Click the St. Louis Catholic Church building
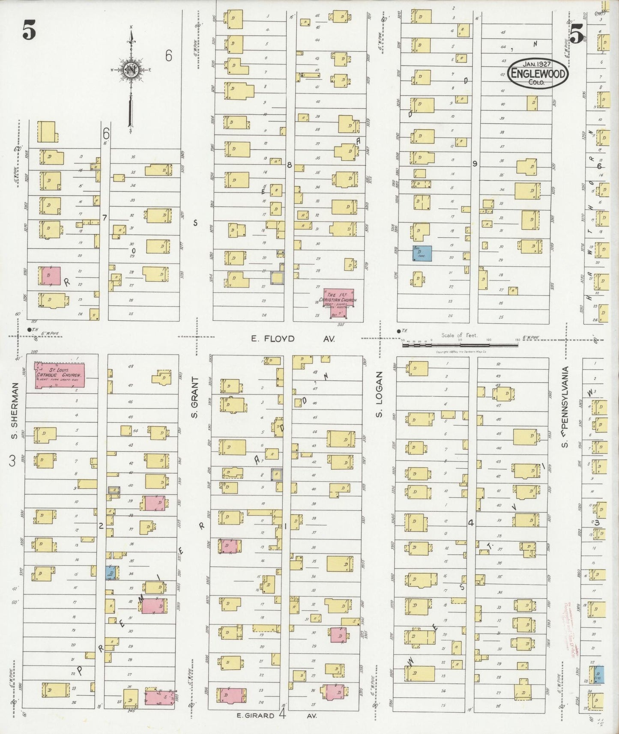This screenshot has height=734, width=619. (60, 376)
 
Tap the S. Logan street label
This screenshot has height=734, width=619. (379, 394)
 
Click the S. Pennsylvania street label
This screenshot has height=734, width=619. (565, 407)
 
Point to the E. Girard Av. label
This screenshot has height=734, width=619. (276, 716)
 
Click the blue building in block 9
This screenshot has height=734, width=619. (422, 253)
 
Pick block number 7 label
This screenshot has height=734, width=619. (104, 218)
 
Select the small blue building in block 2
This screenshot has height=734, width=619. (112, 573)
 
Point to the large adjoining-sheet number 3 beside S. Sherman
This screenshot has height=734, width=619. (12, 461)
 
